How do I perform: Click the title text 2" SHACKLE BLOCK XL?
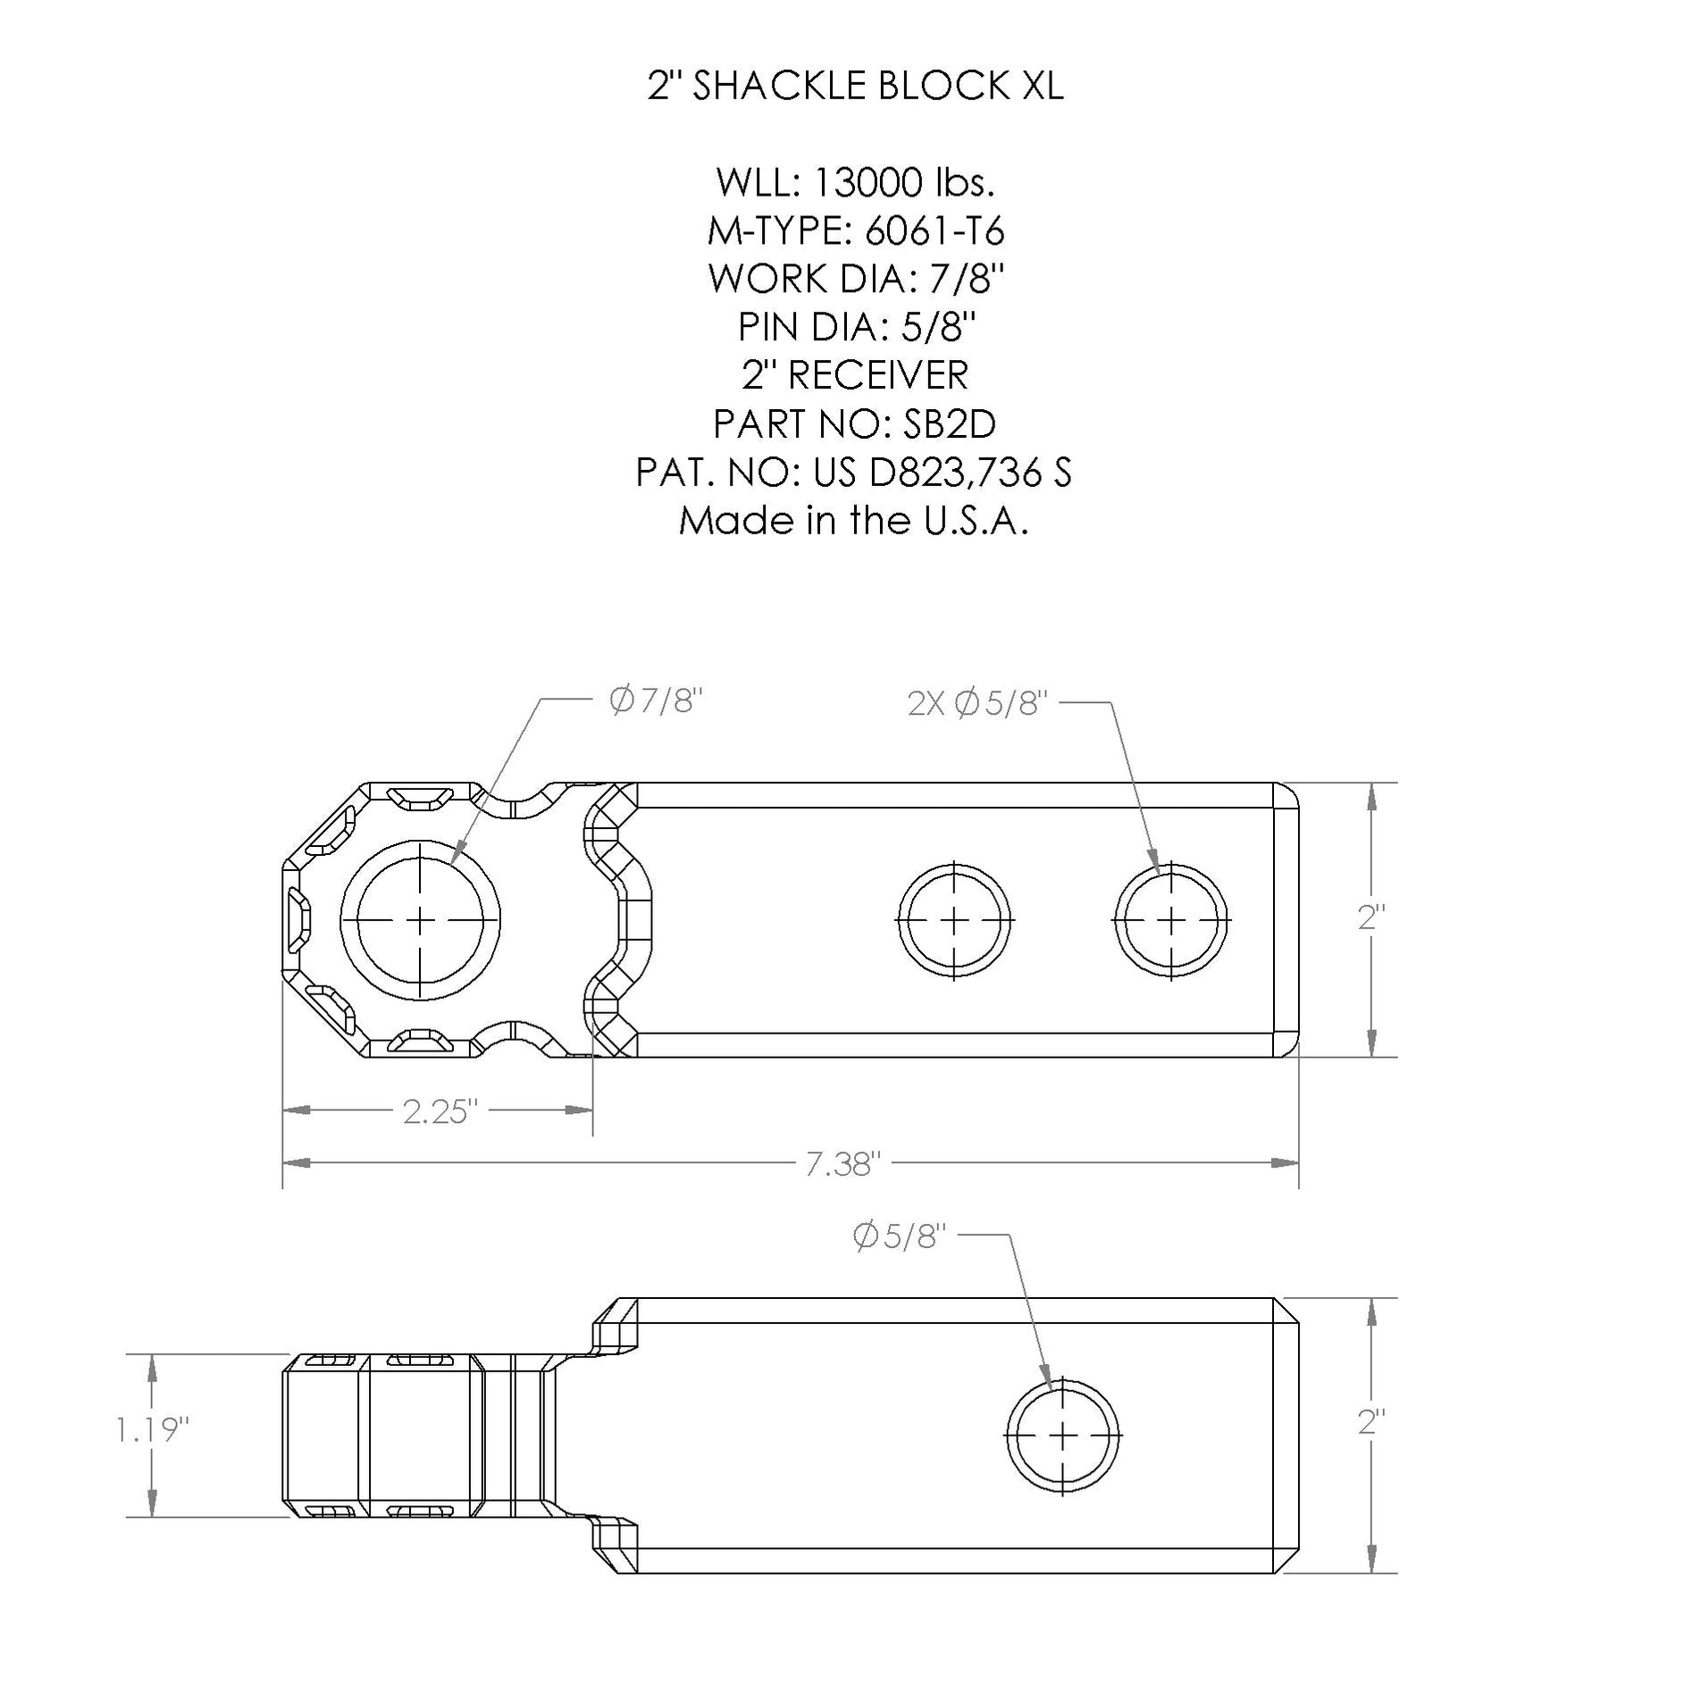pyautogui.click(x=855, y=87)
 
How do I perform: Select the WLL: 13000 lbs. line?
pyautogui.click(x=855, y=183)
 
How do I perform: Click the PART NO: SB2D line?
pyautogui.click(x=855, y=423)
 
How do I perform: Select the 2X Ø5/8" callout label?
pyautogui.click(x=976, y=705)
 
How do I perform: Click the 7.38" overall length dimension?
pyautogui.click(x=843, y=1164)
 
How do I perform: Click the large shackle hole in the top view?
pyautogui.click(x=420, y=920)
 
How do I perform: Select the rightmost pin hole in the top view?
pyautogui.click(x=1171, y=920)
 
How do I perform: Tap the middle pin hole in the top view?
pyautogui.click(x=954, y=920)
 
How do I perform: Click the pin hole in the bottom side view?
pyautogui.click(x=1062, y=1436)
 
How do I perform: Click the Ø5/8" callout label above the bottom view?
pyautogui.click(x=899, y=1237)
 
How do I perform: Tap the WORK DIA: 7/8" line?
pyautogui.click(x=855, y=280)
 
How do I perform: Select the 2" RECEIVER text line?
pyautogui.click(x=855, y=375)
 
